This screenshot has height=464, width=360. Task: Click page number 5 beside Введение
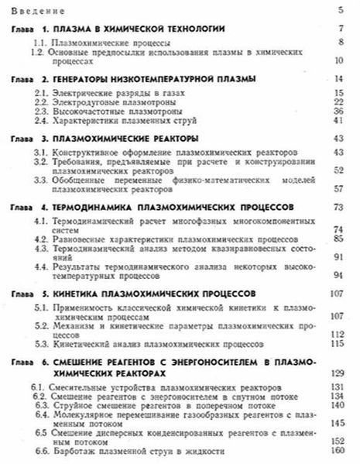point(341,9)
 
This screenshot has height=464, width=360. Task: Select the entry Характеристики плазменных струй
point(116,122)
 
